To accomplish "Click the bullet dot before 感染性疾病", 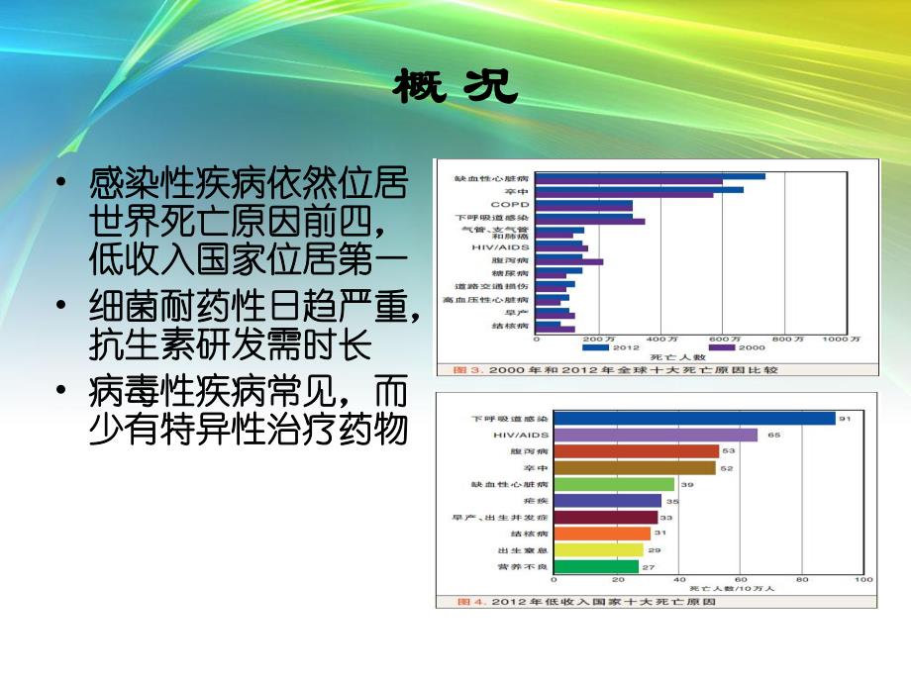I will (62, 185).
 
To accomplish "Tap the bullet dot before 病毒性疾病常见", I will (62, 393).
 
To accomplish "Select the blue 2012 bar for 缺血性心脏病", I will (650, 176).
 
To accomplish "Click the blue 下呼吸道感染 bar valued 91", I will (694, 419).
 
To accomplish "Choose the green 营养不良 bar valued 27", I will (596, 567).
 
